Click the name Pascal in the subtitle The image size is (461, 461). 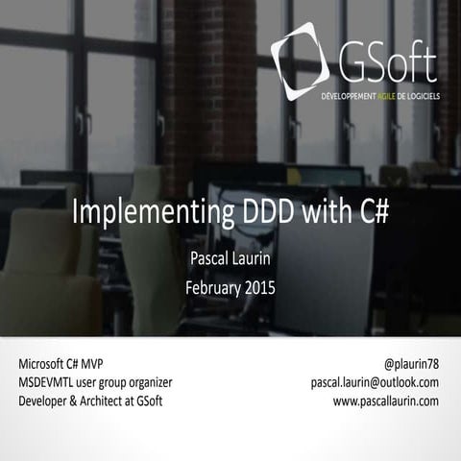point(209,258)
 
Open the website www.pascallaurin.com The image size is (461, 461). point(386,400)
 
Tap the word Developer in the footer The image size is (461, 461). point(45,400)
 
